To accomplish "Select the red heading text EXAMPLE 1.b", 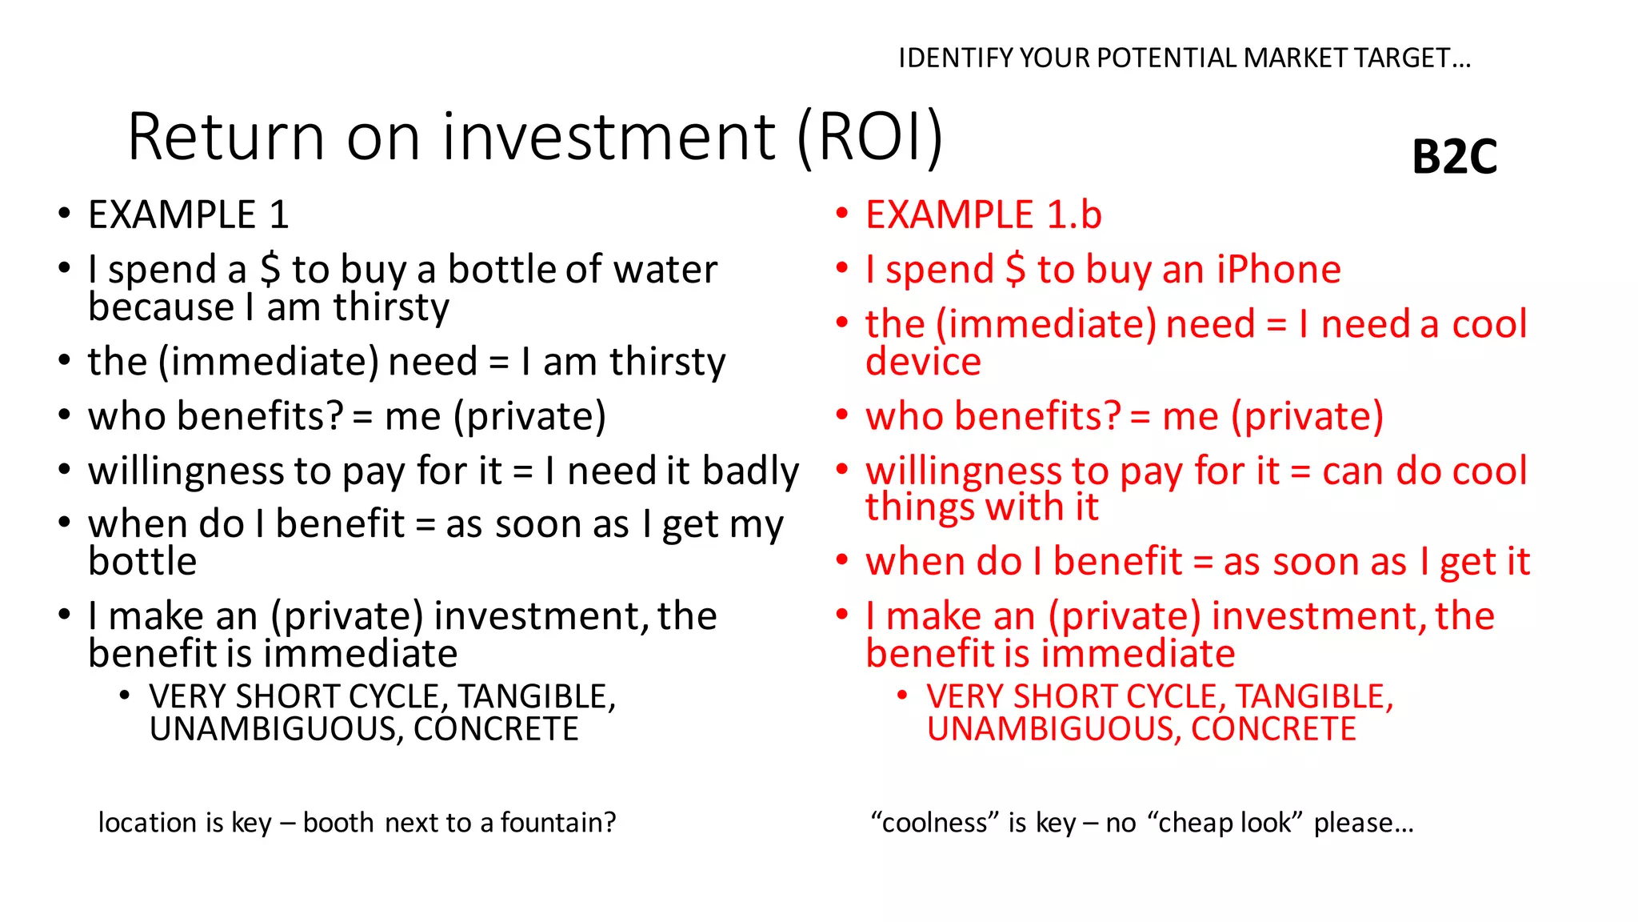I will [x=983, y=214].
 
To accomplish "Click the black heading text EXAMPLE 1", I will [x=188, y=214].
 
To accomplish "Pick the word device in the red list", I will [x=923, y=362].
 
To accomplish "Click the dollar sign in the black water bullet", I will [x=270, y=269].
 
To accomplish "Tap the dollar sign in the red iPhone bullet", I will [x=1015, y=269].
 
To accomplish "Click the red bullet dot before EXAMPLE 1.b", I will [x=841, y=213].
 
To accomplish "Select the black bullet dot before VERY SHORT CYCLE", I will [x=124, y=695].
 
